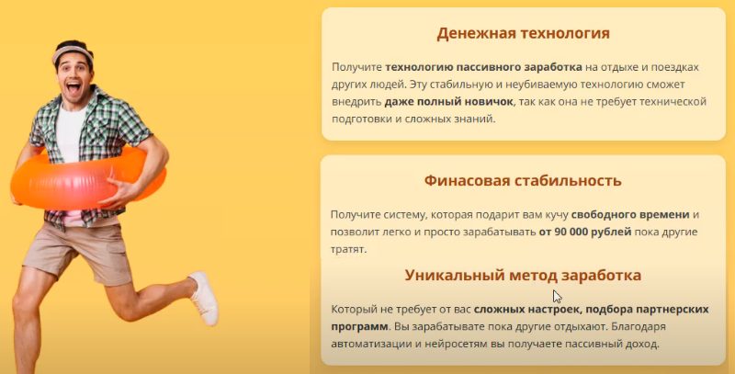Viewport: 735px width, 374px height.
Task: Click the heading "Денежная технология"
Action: click(523, 34)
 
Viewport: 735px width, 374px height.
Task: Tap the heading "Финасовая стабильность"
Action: click(523, 180)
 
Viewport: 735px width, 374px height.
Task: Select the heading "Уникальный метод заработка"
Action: click(523, 275)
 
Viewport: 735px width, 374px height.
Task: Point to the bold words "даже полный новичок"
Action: click(442, 102)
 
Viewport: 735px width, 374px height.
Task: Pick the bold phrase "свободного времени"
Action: click(630, 215)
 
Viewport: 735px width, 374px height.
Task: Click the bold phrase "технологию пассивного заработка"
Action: click(484, 67)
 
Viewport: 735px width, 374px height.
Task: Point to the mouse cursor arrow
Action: click(557, 297)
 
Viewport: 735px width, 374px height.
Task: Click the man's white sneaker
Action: click(205, 298)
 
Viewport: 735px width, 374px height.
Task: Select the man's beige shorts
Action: click(77, 251)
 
